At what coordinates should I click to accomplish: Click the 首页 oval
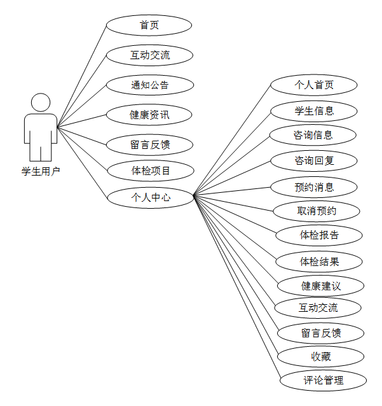pyautogui.click(x=149, y=25)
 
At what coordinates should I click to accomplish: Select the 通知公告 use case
pyautogui.click(x=149, y=85)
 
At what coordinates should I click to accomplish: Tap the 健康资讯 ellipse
pyautogui.click(x=149, y=115)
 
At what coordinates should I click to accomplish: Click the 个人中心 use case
pyautogui.click(x=151, y=197)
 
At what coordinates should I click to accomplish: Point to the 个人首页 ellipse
pyautogui.click(x=313, y=85)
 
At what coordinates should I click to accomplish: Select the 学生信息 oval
pyautogui.click(x=313, y=111)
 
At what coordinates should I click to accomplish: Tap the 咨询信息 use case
pyautogui.click(x=313, y=135)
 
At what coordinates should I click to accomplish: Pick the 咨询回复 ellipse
pyautogui.click(x=313, y=160)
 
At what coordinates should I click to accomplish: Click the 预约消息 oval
pyautogui.click(x=314, y=187)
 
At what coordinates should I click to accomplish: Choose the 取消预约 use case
pyautogui.click(x=317, y=211)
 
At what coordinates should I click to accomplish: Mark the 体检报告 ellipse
pyautogui.click(x=319, y=235)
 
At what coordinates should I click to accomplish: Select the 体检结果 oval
pyautogui.click(x=319, y=261)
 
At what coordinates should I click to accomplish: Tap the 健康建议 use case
pyautogui.click(x=321, y=286)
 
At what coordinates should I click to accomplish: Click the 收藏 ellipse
pyautogui.click(x=321, y=356)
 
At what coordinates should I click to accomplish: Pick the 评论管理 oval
pyautogui.click(x=324, y=381)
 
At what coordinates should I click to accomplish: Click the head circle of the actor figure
pyautogui.click(x=41, y=102)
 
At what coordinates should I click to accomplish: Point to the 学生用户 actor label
pyautogui.click(x=41, y=171)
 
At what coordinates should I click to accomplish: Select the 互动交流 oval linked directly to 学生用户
pyautogui.click(x=149, y=55)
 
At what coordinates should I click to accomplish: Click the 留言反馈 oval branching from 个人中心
pyautogui.click(x=321, y=333)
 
